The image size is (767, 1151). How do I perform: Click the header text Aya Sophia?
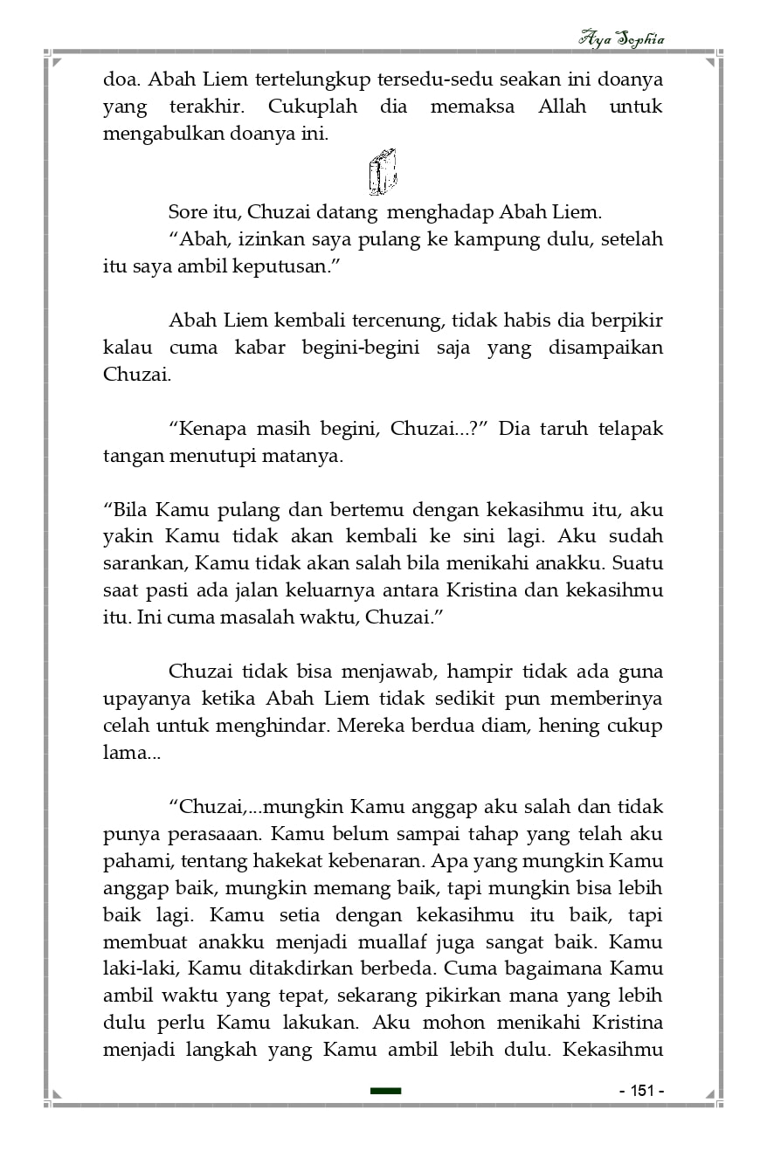pyautogui.click(x=621, y=39)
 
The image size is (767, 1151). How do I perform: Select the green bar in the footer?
pyautogui.click(x=385, y=1091)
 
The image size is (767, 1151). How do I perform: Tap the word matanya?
pyautogui.click(x=310, y=456)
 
